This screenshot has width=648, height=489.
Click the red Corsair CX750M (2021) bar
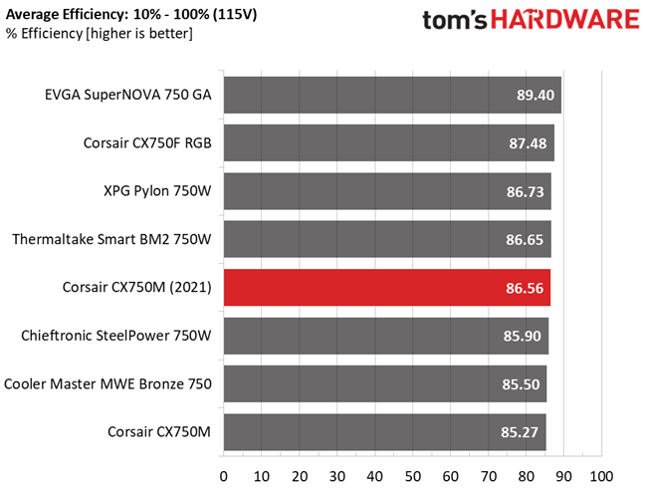pyautogui.click(x=387, y=287)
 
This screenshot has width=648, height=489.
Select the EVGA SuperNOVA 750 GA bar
pyautogui.click(x=392, y=95)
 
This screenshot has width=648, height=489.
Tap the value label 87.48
pyautogui.click(x=528, y=143)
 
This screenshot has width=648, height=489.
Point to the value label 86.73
pyautogui.click(x=526, y=192)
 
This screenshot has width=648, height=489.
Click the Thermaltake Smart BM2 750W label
pyautogui.click(x=111, y=239)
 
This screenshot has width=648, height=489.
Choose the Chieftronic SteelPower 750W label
pyautogui.click(x=116, y=336)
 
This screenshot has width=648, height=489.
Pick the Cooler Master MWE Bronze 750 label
pyautogui.click(x=108, y=383)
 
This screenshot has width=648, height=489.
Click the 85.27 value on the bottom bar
pyautogui.click(x=520, y=432)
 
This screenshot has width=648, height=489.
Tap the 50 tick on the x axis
pyautogui.click(x=412, y=477)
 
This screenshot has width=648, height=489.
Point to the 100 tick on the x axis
pyautogui.click(x=601, y=477)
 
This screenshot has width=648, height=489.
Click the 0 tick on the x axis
pyautogui.click(x=224, y=477)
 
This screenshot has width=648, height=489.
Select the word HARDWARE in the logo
pyautogui.click(x=565, y=20)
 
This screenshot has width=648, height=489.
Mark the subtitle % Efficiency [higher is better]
pyautogui.click(x=100, y=33)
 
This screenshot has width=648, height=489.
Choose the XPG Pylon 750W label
pyautogui.click(x=157, y=191)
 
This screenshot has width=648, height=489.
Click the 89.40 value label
pyautogui.click(x=536, y=95)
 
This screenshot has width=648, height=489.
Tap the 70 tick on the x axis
pyautogui.click(x=488, y=477)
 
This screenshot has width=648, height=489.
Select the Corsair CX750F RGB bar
pyautogui.click(x=389, y=143)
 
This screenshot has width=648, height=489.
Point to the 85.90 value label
pyautogui.click(x=522, y=336)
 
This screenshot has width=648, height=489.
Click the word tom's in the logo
pyautogui.click(x=455, y=20)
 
